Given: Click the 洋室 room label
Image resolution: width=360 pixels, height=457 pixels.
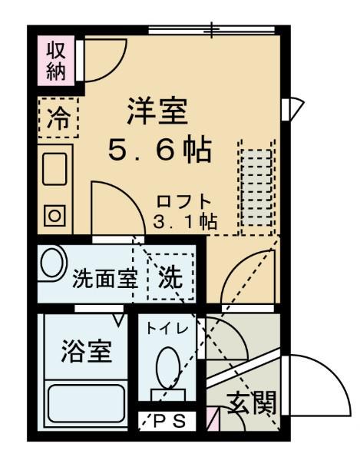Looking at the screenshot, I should click(157, 111).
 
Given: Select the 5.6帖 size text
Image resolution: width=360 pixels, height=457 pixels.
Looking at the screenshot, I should click(159, 150).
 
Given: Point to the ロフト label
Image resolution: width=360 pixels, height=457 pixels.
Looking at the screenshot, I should click(184, 202).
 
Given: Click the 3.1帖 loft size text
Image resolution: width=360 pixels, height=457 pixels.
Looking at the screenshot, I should click(187, 222).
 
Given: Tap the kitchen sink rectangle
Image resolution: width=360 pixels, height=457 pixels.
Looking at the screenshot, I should click(56, 167).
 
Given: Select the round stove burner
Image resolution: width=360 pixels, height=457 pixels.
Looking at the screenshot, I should click(55, 214).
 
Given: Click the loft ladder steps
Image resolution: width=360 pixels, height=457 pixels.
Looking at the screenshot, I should click(257, 188).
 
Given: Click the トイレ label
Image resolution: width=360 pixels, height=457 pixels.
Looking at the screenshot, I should click(166, 327).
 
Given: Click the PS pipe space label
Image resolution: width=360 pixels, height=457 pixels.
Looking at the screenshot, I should click(167, 421).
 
